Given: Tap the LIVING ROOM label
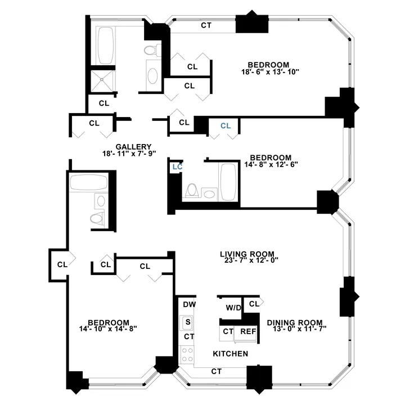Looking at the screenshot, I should pos(249,253).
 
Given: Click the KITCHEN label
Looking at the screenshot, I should pos(230,354).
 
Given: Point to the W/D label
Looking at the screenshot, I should pos(233,308).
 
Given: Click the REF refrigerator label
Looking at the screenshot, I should pos(248,331).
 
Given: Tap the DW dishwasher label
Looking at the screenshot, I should pos(189,304).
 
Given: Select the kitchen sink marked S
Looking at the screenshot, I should pos(187,322).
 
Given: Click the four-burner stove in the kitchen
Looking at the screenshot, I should pos(187,355).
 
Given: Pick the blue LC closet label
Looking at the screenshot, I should pos(177,166).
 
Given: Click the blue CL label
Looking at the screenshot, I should pos(226,125).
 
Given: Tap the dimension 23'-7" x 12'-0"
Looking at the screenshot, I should pos(249,260).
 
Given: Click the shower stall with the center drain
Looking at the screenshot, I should pos(102,80).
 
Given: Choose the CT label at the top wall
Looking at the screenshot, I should pos(206,25).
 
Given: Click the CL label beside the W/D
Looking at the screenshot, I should pos(254,304).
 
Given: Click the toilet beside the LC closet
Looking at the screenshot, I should pos(191,190).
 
